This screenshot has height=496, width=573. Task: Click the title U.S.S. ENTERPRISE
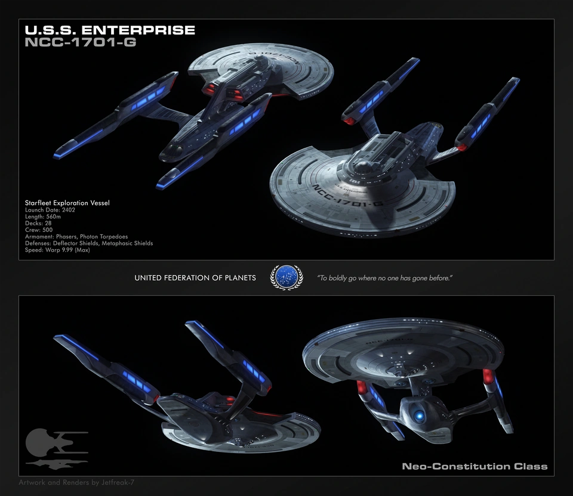(109, 30)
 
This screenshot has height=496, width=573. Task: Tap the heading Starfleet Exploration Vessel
(67, 203)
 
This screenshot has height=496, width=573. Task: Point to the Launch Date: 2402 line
(50, 210)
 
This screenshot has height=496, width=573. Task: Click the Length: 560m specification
(45, 217)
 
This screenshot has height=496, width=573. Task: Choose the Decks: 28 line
(38, 224)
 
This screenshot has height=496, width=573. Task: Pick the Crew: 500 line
(39, 230)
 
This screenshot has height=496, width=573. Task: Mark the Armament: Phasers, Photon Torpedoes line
(76, 237)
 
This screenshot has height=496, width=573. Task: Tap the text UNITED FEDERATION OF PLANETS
(195, 278)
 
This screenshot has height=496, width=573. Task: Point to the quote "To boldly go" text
(384, 278)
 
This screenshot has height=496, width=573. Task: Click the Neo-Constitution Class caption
(475, 466)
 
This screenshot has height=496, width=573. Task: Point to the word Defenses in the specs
(38, 243)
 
